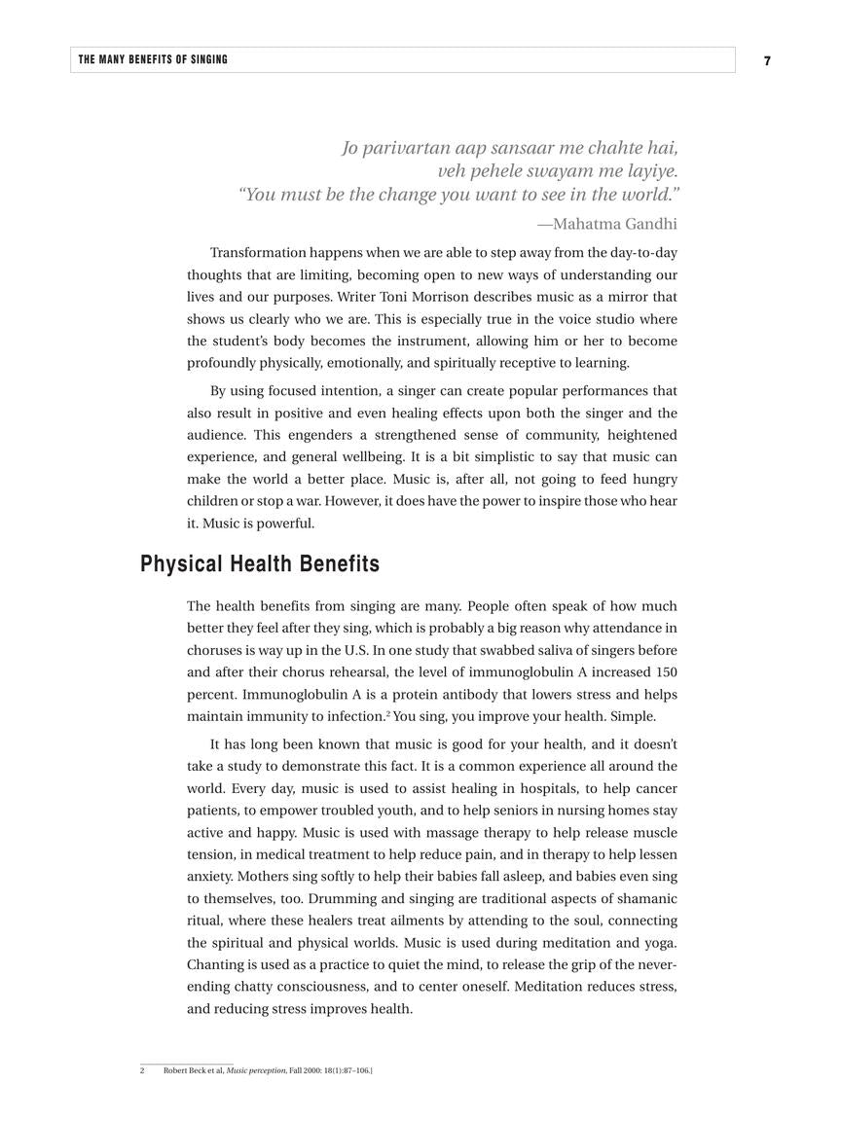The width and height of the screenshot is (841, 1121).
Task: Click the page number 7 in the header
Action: point(767,60)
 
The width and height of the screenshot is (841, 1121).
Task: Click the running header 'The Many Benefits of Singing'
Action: point(153,59)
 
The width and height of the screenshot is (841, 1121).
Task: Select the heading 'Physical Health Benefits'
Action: point(260,564)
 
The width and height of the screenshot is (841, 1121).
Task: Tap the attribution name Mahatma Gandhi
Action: point(614,224)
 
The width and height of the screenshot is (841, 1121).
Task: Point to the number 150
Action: point(666,672)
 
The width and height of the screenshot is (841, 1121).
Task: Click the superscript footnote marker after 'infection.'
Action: point(388,713)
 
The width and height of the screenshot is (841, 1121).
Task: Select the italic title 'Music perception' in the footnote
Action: point(256,1070)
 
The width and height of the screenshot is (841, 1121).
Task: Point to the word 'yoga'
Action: point(660,943)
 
